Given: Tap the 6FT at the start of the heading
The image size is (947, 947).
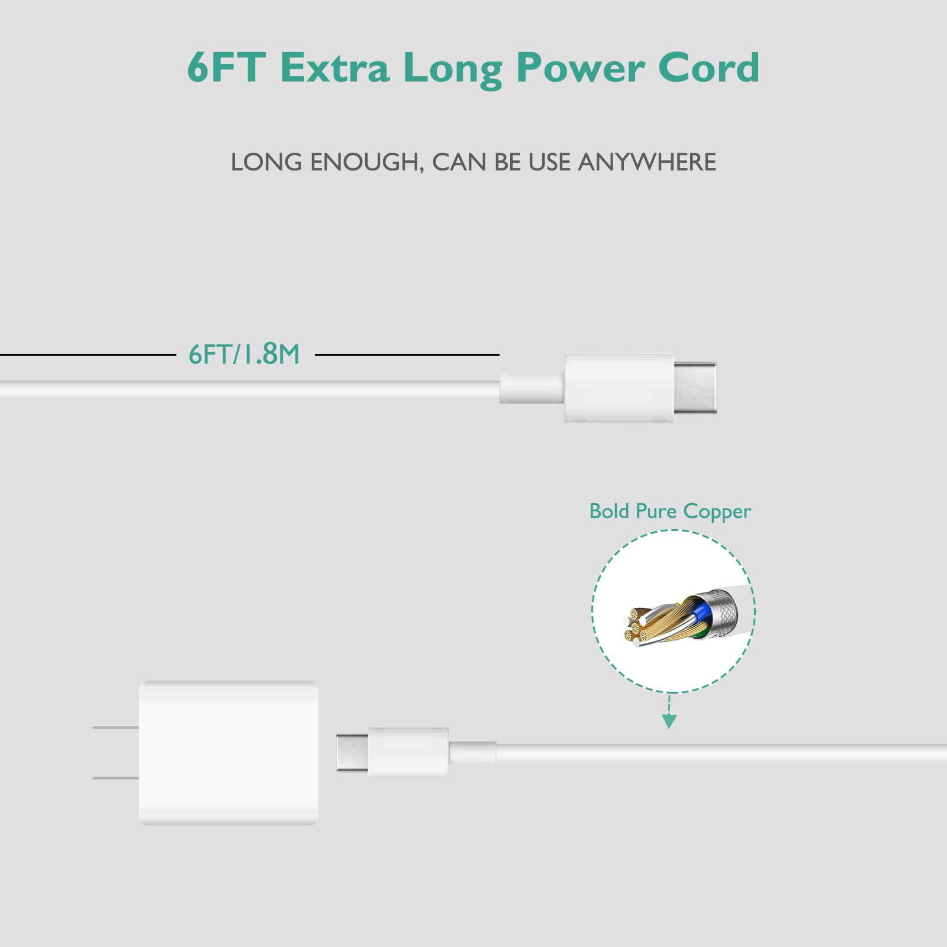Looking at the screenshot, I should (225, 67).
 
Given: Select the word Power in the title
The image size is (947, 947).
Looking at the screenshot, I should (579, 69).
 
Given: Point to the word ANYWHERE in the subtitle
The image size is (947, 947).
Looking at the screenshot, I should (647, 162).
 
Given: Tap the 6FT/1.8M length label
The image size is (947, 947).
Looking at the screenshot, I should (244, 355).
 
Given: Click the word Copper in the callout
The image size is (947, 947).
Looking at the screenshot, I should (717, 511).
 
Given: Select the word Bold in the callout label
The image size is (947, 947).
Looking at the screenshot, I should (610, 511).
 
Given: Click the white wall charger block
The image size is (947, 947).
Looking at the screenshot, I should (228, 752).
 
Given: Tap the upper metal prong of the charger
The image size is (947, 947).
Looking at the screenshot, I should (116, 727).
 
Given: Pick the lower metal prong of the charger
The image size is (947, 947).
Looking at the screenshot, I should (116, 777).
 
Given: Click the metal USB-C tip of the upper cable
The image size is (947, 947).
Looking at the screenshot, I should (695, 388).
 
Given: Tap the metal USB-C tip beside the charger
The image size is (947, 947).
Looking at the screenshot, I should (352, 752).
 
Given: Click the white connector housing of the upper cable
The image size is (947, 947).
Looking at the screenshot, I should (619, 388).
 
